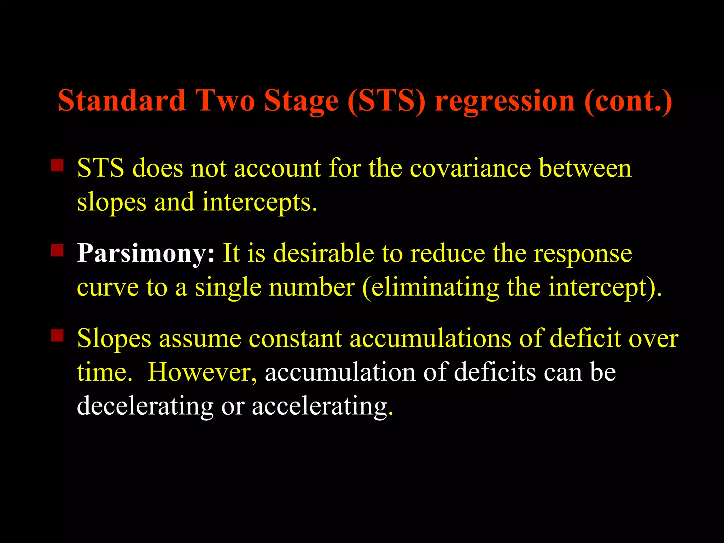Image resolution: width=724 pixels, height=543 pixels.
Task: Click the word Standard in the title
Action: click(122, 101)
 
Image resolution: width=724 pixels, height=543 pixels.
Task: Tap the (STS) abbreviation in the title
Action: click(386, 101)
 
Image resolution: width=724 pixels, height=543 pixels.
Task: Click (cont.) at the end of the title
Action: click(628, 101)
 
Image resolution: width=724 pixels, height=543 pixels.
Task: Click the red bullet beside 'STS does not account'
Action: click(57, 165)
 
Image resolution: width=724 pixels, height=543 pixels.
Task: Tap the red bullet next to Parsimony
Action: click(57, 250)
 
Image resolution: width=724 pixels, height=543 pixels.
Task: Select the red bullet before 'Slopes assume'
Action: click(57, 335)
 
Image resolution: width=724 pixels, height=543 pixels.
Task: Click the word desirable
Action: click(323, 253)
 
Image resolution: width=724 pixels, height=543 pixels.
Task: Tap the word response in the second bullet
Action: click(583, 254)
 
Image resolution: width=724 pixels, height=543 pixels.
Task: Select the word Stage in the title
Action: click(301, 101)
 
